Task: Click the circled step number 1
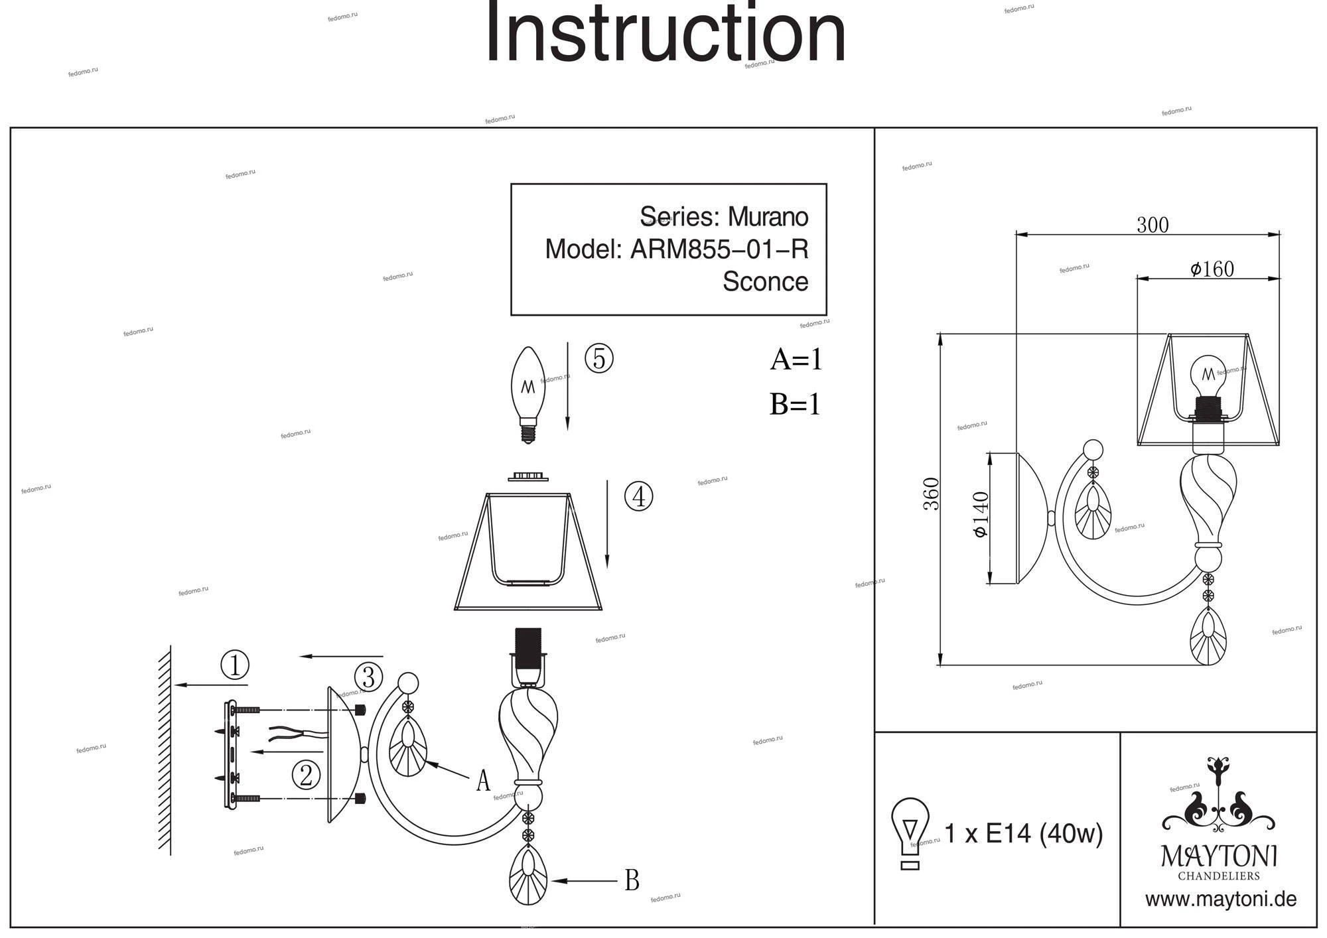[234, 665]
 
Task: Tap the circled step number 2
[306, 774]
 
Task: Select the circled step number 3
[368, 677]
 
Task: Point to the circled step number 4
[638, 496]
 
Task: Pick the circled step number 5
[598, 358]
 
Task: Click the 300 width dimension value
[1152, 225]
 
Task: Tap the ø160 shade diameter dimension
[1212, 269]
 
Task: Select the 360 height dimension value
[932, 494]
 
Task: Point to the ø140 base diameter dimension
[981, 515]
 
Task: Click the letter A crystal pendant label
[483, 781]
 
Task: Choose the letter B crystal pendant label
[632, 880]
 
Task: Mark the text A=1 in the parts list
[796, 360]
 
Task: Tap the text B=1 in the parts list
[795, 404]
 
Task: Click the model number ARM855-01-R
[719, 249]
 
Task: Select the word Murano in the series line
[768, 217]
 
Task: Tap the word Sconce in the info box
[765, 281]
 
